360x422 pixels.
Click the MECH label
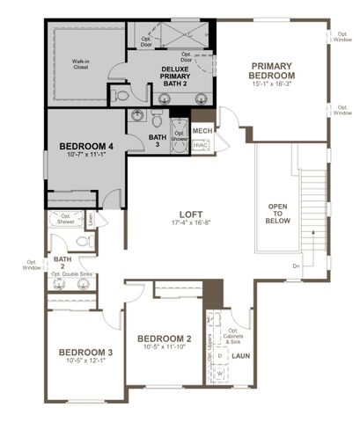[x=202, y=131]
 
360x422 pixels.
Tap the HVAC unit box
[x=201, y=145]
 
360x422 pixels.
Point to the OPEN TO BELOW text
[x=277, y=213]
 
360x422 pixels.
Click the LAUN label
[x=239, y=356]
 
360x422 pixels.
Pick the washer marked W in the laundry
[x=220, y=373]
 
